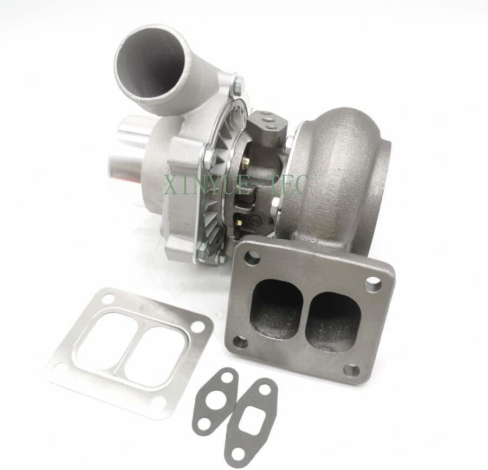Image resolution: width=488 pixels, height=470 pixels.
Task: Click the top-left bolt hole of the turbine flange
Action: tap(252, 258)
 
